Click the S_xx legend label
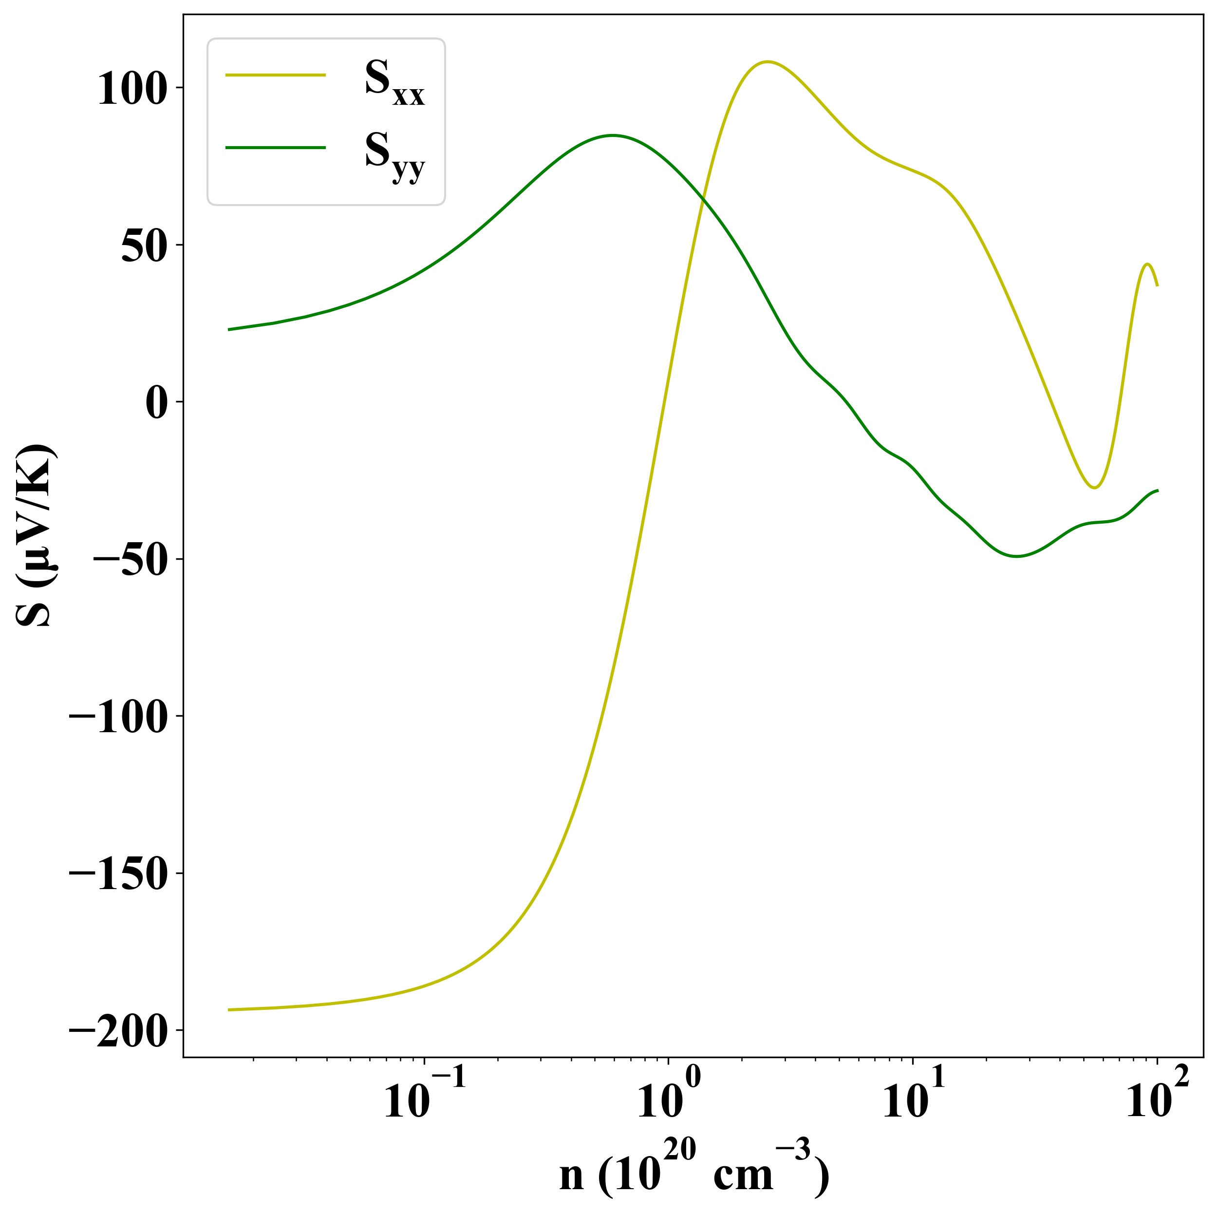point(394,83)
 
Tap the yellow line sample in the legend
point(276,75)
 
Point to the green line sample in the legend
point(276,148)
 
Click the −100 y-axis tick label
point(118,717)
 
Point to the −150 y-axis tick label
point(118,874)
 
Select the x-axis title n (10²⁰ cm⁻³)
point(693,1172)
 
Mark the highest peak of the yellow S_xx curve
point(767,62)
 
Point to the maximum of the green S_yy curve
point(612,135)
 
